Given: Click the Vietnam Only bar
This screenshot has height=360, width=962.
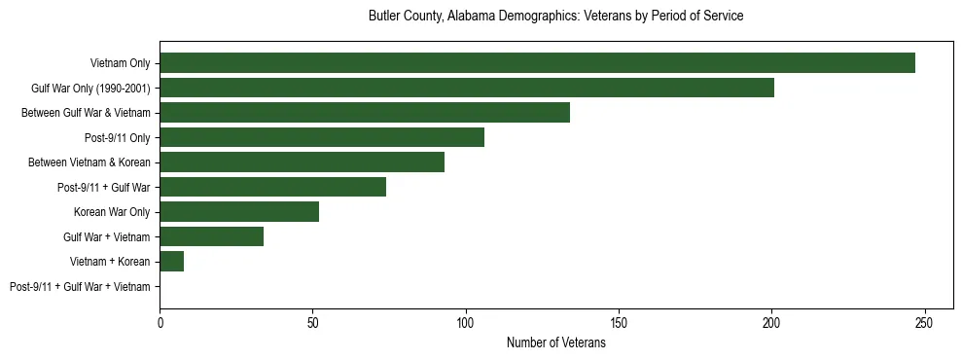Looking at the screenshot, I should [x=537, y=63].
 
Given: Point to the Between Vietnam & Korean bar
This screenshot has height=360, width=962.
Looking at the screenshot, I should [x=302, y=162].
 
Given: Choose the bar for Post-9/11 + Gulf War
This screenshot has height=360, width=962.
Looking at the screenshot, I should [x=272, y=187].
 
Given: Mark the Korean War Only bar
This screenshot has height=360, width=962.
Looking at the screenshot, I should [x=239, y=212].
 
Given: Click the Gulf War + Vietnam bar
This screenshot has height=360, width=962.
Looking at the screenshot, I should [x=211, y=236].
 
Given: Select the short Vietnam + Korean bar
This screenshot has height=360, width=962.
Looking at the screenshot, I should [x=171, y=262].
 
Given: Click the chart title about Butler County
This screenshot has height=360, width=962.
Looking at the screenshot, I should [x=555, y=17].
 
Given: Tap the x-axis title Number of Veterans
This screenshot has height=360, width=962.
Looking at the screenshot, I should [x=555, y=343].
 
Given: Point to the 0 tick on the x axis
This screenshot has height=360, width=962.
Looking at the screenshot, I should [x=160, y=321].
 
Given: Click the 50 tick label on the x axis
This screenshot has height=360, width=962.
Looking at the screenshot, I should [x=312, y=321].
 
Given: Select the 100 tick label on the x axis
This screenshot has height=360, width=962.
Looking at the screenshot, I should [x=465, y=321].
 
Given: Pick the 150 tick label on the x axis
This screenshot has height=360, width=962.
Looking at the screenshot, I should [x=619, y=321].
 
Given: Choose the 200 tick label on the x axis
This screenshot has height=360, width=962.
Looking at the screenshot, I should [x=771, y=321].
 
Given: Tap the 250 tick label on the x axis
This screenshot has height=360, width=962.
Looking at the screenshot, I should [x=924, y=321].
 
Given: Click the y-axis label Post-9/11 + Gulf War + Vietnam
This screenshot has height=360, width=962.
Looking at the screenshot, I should [x=80, y=287].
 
